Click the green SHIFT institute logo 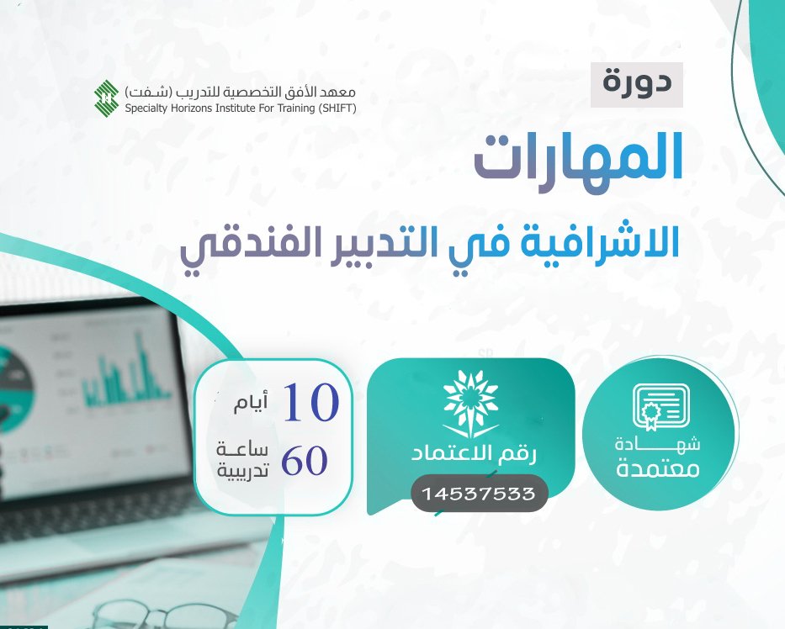[x=107, y=97]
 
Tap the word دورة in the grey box [x=637, y=83]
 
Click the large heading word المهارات [x=578, y=158]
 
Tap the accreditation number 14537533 [x=479, y=494]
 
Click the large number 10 [x=311, y=404]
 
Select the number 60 [x=305, y=461]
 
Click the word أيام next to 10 [x=251, y=403]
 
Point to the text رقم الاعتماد [x=474, y=454]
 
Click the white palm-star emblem [x=470, y=403]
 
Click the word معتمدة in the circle [x=658, y=469]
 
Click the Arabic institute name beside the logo [x=241, y=92]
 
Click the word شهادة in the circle [x=657, y=445]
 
